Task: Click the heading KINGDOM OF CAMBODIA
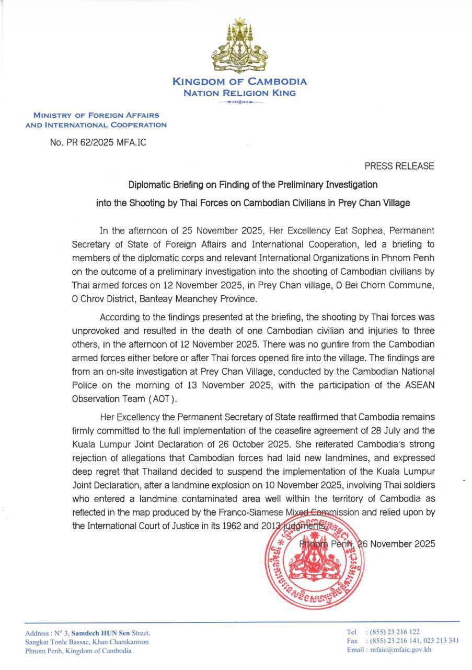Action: click(x=239, y=82)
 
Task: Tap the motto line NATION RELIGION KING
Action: click(x=239, y=93)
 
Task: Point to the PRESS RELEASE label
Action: click(x=399, y=166)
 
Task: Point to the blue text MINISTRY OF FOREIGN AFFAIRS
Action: click(x=96, y=115)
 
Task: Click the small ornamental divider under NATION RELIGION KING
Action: click(x=239, y=102)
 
